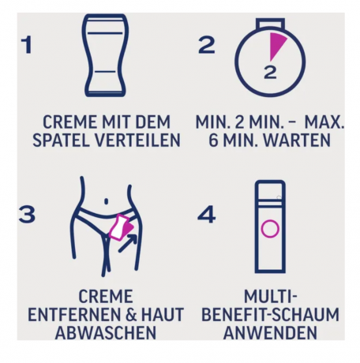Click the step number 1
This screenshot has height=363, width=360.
28,45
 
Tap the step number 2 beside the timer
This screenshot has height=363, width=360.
206,45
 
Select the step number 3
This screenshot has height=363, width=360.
28,214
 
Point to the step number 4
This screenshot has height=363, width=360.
207,214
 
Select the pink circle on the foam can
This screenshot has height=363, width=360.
270,230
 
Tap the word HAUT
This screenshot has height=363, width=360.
162,314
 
